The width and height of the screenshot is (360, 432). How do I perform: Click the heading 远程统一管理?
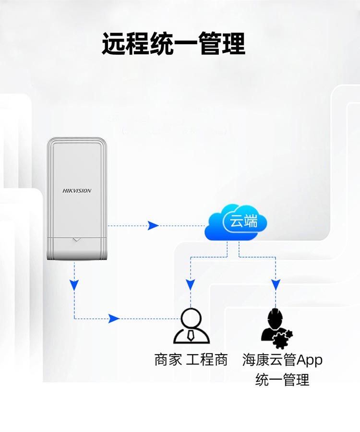click(x=173, y=44)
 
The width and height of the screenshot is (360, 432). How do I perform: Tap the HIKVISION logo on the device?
click(x=77, y=191)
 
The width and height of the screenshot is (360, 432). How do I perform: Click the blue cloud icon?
click(x=235, y=223)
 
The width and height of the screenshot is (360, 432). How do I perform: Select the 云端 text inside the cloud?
click(x=244, y=221)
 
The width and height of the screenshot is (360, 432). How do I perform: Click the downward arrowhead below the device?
click(x=74, y=285)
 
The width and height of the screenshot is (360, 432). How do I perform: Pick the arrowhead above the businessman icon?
click(x=191, y=284)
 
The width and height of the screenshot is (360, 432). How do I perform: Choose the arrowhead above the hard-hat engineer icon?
click(x=276, y=284)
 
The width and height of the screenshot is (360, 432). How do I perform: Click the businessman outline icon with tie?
click(x=191, y=326)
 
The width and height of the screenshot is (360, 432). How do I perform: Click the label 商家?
click(x=168, y=360)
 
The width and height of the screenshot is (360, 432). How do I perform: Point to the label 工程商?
click(x=207, y=360)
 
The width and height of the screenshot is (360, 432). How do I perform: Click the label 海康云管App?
click(x=282, y=360)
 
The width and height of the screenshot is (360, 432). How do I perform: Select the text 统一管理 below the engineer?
click(x=282, y=380)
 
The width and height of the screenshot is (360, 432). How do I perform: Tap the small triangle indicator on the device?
click(x=76, y=239)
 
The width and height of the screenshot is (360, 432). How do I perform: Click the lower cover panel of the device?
click(x=76, y=248)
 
